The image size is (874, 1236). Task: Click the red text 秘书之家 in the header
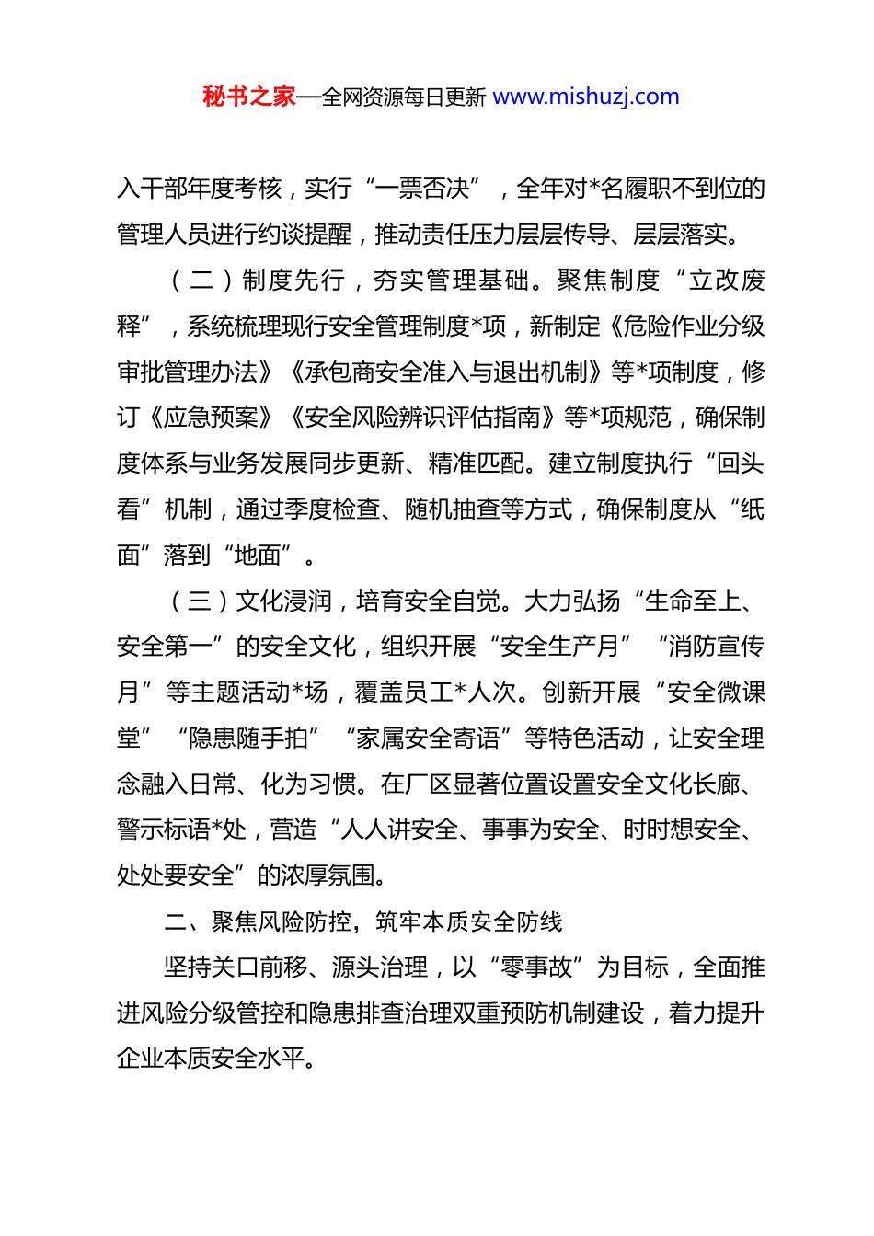tap(248, 97)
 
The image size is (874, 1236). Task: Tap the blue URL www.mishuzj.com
tap(586, 97)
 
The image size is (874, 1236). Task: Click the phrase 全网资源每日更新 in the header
tap(404, 97)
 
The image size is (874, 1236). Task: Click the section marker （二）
tap(200, 280)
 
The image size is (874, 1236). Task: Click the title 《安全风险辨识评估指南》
tap(424, 418)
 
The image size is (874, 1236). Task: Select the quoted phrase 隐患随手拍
tap(247, 738)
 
